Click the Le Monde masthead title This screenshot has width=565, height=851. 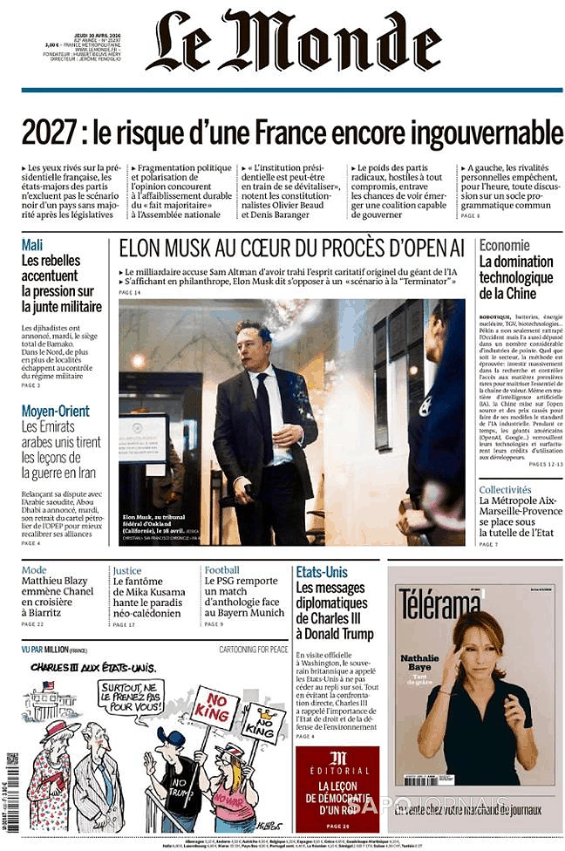click(293, 42)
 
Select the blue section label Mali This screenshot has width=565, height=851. click(31, 245)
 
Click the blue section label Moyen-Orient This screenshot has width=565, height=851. click(55, 411)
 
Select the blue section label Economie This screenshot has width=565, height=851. click(504, 245)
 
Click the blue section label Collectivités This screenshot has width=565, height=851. click(505, 490)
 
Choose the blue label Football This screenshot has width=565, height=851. click(221, 571)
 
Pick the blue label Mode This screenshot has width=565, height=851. click(34, 571)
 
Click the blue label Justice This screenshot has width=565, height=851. click(126, 571)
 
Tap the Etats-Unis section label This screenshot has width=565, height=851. click(321, 572)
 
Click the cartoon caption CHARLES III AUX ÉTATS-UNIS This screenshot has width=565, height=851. click(93, 667)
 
